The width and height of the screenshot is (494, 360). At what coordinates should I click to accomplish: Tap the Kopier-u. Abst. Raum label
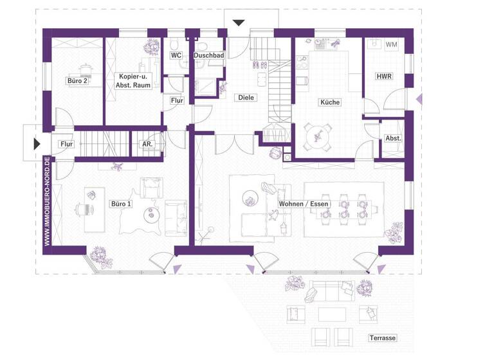pyautogui.click(x=133, y=80)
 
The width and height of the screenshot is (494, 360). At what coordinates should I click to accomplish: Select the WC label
pyautogui.click(x=176, y=56)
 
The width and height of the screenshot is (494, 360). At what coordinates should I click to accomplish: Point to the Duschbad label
pyautogui.click(x=208, y=56)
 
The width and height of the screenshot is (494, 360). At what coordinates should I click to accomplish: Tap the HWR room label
pyautogui.click(x=384, y=76)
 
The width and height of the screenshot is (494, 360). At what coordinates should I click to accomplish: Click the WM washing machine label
pyautogui.click(x=391, y=45)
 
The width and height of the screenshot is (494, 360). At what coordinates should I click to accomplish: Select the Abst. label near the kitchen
pyautogui.click(x=393, y=138)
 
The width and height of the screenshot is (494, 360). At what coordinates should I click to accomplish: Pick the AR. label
pyautogui.click(x=147, y=145)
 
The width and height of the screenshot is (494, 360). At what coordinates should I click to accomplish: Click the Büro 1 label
pyautogui.click(x=121, y=204)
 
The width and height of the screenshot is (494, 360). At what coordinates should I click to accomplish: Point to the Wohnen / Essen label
pyautogui.click(x=304, y=204)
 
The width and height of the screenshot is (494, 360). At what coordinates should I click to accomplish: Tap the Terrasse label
pyautogui.click(x=382, y=338)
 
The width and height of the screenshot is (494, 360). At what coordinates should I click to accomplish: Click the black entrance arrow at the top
pyautogui.click(x=239, y=23)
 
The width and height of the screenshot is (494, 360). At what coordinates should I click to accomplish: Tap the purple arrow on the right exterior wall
pyautogui.click(x=419, y=98)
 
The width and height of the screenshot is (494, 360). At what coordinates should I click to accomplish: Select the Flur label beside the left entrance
pyautogui.click(x=66, y=144)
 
